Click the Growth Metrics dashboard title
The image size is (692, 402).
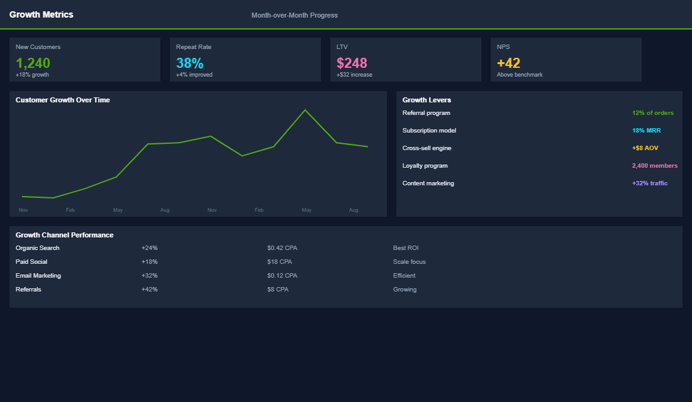[42, 14]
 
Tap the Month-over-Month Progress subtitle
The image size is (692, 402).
[294, 15]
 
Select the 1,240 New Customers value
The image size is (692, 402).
[33, 63]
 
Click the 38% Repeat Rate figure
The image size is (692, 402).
[189, 63]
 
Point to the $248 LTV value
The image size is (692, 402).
[352, 63]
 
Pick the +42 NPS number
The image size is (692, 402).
[508, 63]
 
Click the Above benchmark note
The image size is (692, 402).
[520, 75]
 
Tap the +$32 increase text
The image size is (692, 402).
[354, 75]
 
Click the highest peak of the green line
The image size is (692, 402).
[305, 110]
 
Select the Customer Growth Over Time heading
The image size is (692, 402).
[63, 100]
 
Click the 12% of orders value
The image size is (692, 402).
[652, 113]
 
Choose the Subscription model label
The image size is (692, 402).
[429, 131]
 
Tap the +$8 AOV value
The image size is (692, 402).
[645, 148]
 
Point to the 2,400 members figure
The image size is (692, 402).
[654, 166]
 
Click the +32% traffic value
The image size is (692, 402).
[649, 183]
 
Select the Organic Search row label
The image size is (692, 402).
[38, 248]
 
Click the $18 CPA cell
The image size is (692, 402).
[280, 262]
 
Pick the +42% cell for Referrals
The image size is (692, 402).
[150, 290]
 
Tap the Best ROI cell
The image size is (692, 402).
[406, 248]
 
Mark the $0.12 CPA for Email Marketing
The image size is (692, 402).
[282, 276]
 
